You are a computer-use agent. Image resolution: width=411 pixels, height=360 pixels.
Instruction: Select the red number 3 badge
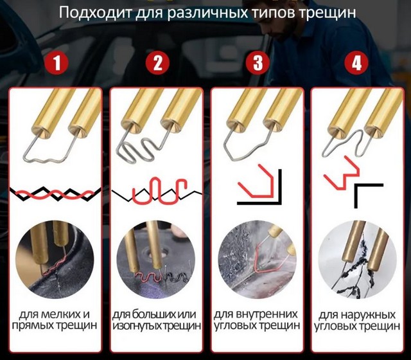(258, 64)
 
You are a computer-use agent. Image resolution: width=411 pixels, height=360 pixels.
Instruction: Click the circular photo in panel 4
(357, 260)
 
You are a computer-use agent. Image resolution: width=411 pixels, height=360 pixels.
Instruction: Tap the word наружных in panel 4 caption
(364, 315)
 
